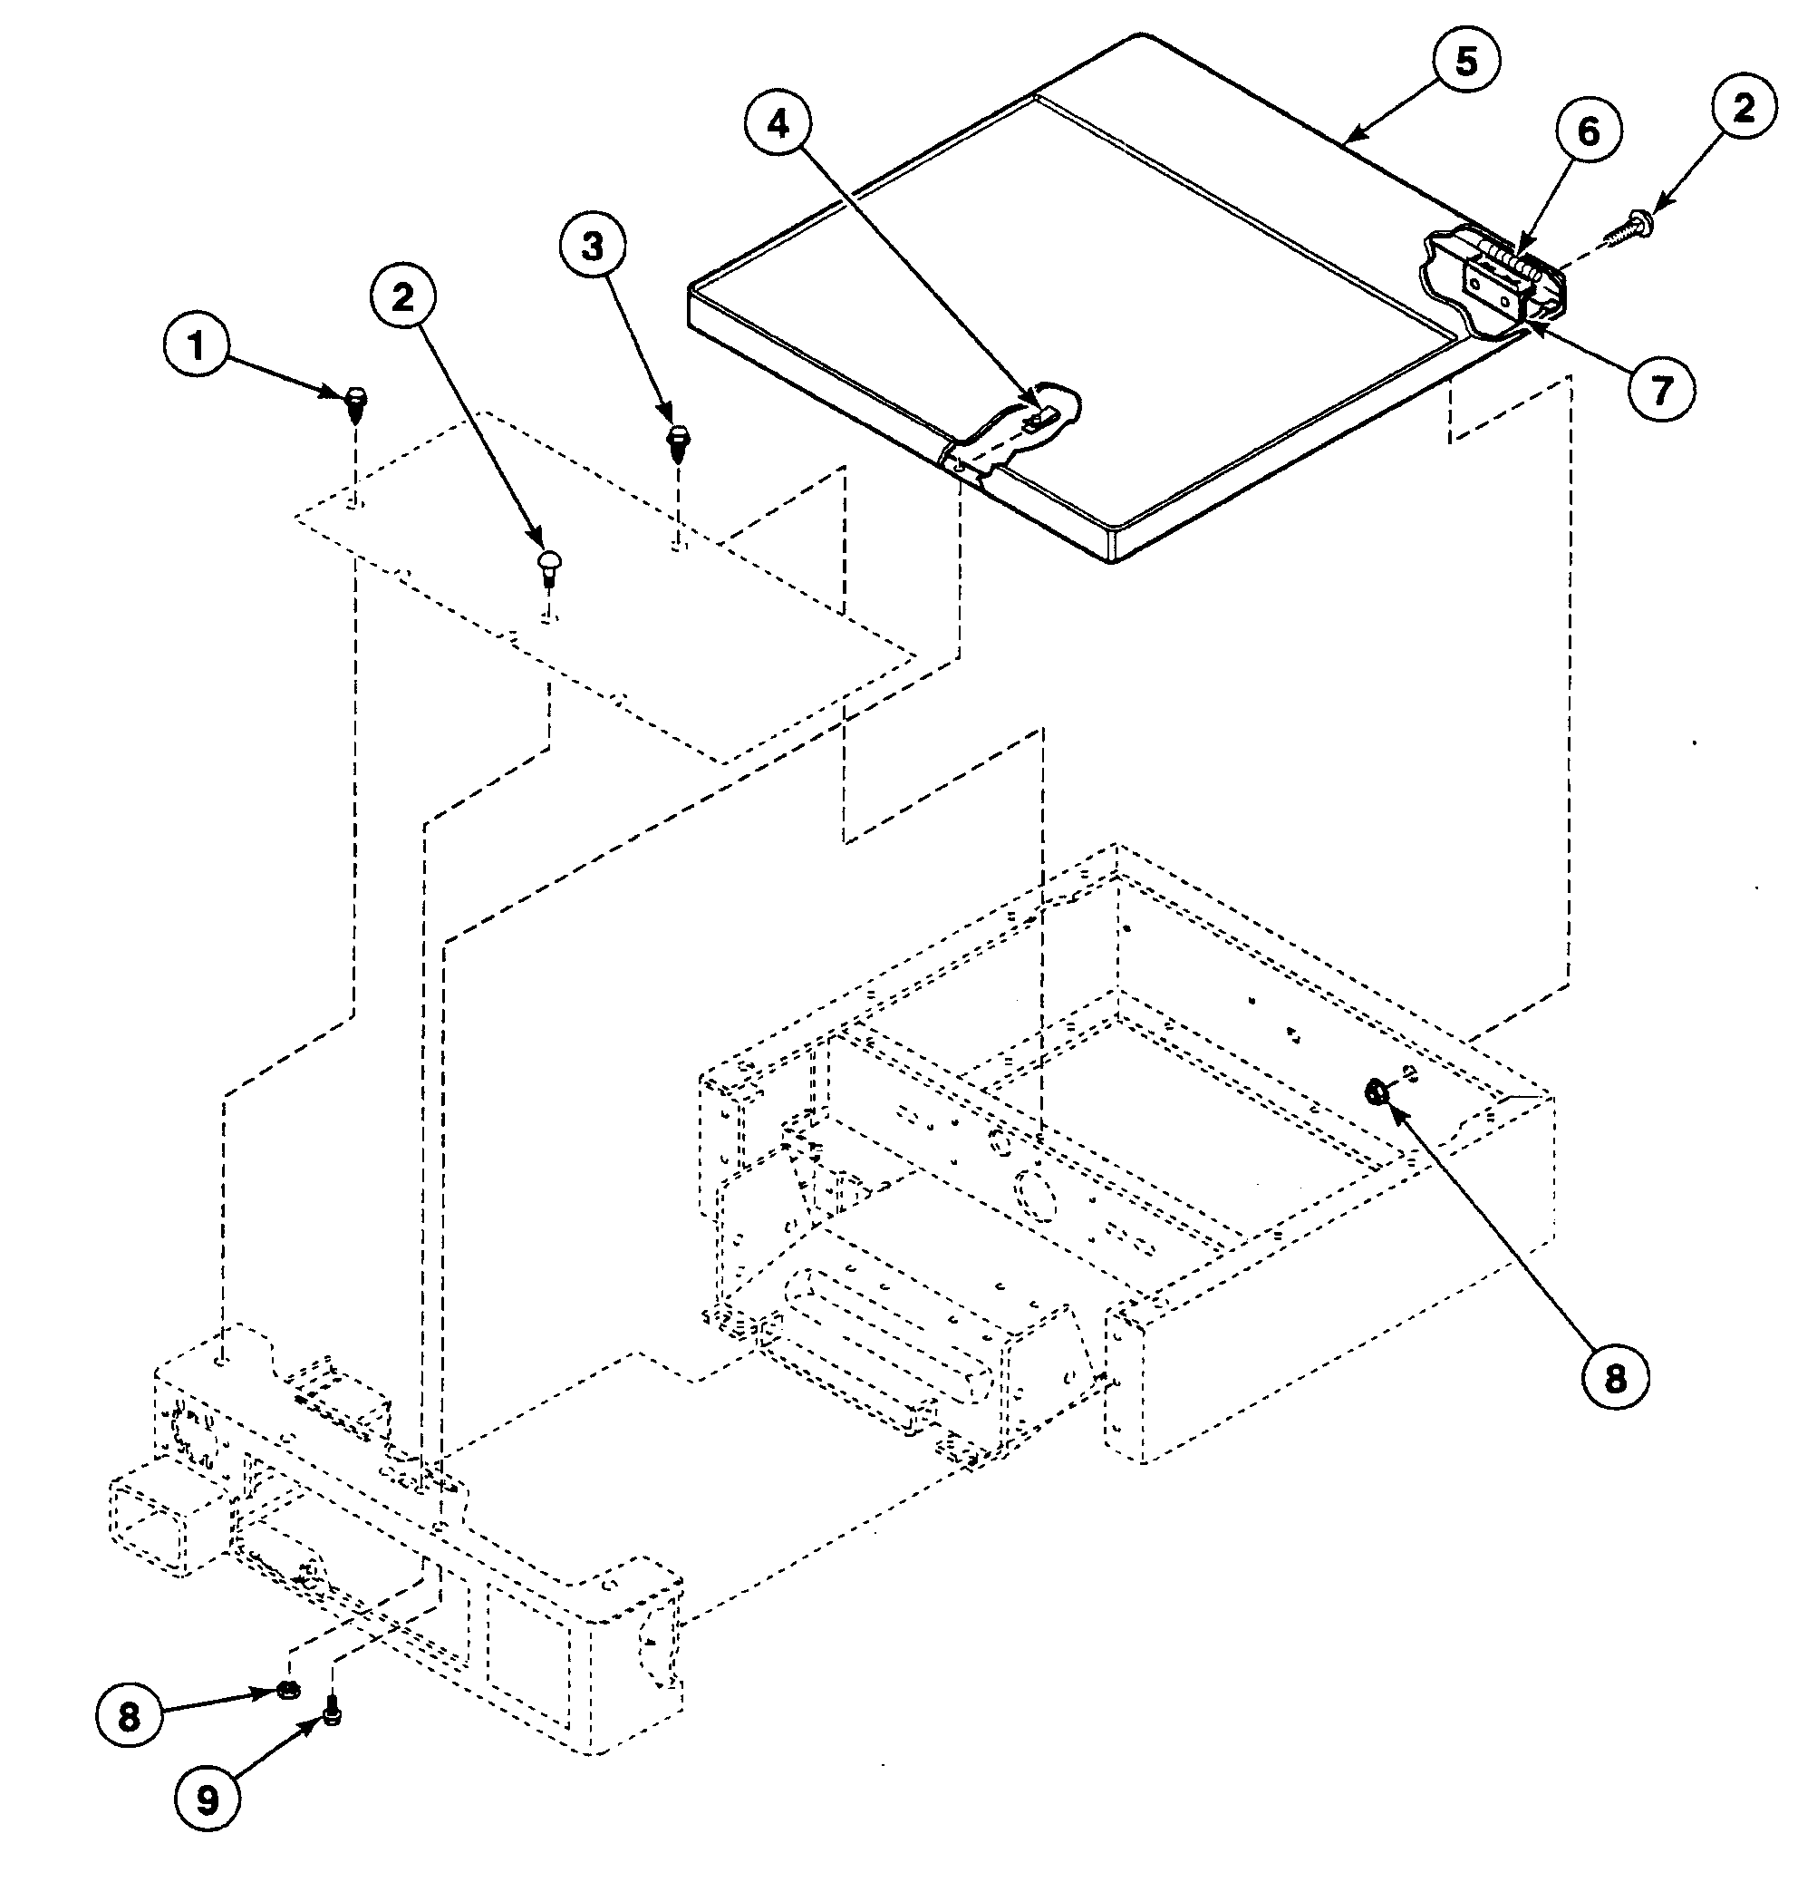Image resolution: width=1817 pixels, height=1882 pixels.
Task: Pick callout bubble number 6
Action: (1589, 131)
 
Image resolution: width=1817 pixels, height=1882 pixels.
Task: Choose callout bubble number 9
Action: (208, 1801)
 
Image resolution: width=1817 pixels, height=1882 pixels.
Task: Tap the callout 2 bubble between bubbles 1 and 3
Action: (403, 296)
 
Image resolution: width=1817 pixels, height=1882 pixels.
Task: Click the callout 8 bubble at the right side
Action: (1615, 1379)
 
